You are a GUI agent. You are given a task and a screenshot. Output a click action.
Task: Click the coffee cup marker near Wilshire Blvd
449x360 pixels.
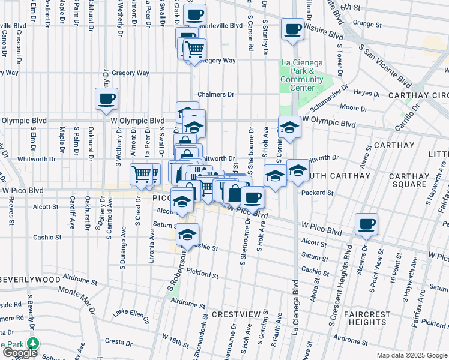[x=293, y=29]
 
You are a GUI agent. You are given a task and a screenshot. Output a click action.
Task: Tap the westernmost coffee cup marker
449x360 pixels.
[x=106, y=98]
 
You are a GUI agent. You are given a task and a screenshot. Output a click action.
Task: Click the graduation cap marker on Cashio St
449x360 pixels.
[x=188, y=233]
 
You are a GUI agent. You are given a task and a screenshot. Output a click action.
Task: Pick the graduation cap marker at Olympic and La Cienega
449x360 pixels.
[x=289, y=127]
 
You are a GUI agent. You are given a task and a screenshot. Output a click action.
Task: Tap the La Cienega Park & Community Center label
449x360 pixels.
[x=302, y=75]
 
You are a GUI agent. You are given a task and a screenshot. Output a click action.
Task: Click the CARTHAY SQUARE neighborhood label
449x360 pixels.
[x=407, y=179]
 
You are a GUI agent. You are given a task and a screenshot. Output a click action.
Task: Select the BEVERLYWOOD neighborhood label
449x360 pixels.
[x=31, y=280]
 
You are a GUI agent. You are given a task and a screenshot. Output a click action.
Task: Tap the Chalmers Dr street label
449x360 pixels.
[x=215, y=94]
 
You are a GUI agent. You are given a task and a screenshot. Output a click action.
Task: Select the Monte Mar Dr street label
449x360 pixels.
[x=77, y=298]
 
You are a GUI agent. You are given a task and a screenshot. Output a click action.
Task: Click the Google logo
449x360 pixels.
[x=20, y=353]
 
